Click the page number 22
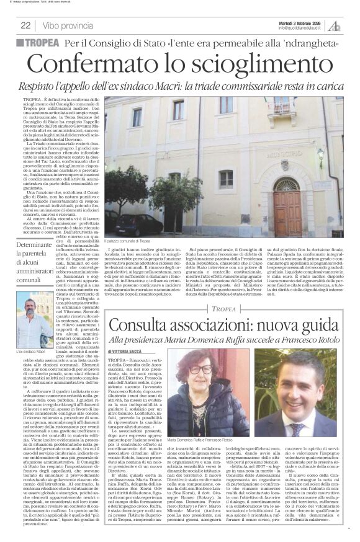[25, 25]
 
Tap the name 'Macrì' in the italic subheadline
[229, 86]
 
